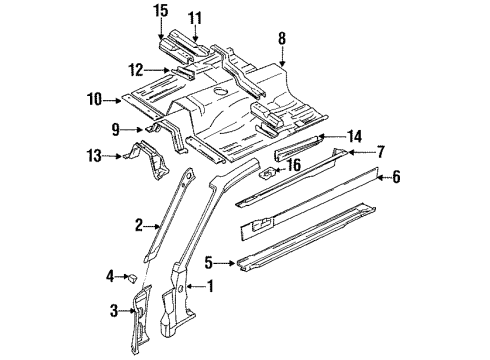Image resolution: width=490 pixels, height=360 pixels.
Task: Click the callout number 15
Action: click(161, 11)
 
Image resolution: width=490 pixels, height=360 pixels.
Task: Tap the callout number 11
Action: click(195, 18)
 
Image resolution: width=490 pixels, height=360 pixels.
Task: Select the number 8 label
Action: click(282, 38)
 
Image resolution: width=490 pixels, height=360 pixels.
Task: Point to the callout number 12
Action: click(136, 70)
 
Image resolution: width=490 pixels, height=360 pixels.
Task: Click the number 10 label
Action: click(94, 99)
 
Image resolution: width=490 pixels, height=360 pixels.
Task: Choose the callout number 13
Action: click(94, 156)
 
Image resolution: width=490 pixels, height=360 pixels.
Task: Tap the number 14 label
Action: click(354, 136)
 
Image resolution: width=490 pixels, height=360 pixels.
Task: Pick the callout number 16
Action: click(293, 165)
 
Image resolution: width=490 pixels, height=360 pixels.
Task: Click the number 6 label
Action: click(396, 177)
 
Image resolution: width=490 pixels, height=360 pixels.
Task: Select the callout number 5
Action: click(208, 263)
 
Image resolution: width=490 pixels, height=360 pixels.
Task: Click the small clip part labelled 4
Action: click(132, 278)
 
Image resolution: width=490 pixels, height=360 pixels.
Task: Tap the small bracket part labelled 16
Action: click(268, 173)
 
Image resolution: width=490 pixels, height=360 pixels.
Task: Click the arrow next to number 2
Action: click(153, 227)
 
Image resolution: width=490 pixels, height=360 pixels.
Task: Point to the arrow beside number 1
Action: click(195, 286)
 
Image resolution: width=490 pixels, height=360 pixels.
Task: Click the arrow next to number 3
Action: click(128, 311)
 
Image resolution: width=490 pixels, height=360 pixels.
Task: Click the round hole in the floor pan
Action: click(220, 91)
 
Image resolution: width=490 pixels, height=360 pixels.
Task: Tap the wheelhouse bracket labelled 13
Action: click(149, 160)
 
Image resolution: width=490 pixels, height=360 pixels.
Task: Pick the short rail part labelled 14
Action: click(298, 147)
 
